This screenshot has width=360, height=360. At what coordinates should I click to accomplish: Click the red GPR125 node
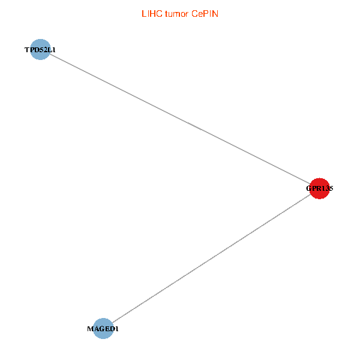coord(319,188)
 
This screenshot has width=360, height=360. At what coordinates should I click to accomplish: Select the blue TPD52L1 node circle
coord(40,50)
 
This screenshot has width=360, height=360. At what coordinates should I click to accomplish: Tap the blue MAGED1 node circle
coord(103,328)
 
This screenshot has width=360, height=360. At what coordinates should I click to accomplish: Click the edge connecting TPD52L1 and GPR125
coord(180,119)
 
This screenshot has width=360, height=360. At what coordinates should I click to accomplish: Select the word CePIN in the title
coord(205,13)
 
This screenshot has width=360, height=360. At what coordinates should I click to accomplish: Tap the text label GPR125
coord(319,188)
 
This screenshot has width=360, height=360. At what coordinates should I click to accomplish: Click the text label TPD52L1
coord(40,50)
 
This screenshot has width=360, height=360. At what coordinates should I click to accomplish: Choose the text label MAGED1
coord(103,329)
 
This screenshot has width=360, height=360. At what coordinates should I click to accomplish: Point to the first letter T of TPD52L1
coord(26,50)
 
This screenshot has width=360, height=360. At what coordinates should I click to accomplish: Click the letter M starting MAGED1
coord(90,329)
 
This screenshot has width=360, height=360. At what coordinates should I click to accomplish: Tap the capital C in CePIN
coord(195,13)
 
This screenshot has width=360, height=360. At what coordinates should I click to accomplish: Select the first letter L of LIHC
coord(143,13)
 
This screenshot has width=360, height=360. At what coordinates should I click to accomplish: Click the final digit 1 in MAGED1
coord(116,329)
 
